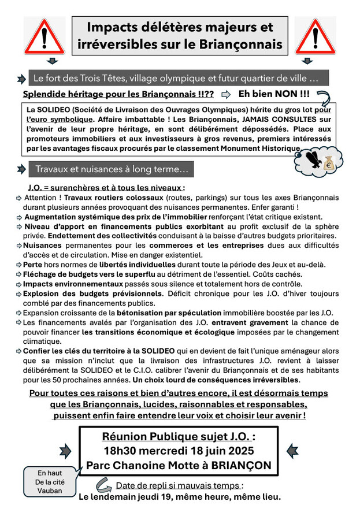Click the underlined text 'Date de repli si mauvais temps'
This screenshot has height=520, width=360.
click(x=179, y=485)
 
